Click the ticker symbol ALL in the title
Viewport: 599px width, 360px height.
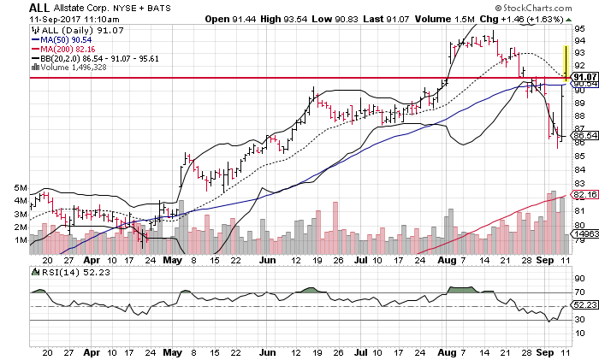(15, 8)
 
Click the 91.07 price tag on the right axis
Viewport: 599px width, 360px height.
(584, 78)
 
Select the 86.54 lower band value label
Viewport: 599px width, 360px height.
(584, 135)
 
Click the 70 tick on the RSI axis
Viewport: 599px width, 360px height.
(578, 279)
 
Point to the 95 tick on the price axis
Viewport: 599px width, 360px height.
(578, 29)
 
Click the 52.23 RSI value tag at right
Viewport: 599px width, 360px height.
(584, 305)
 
